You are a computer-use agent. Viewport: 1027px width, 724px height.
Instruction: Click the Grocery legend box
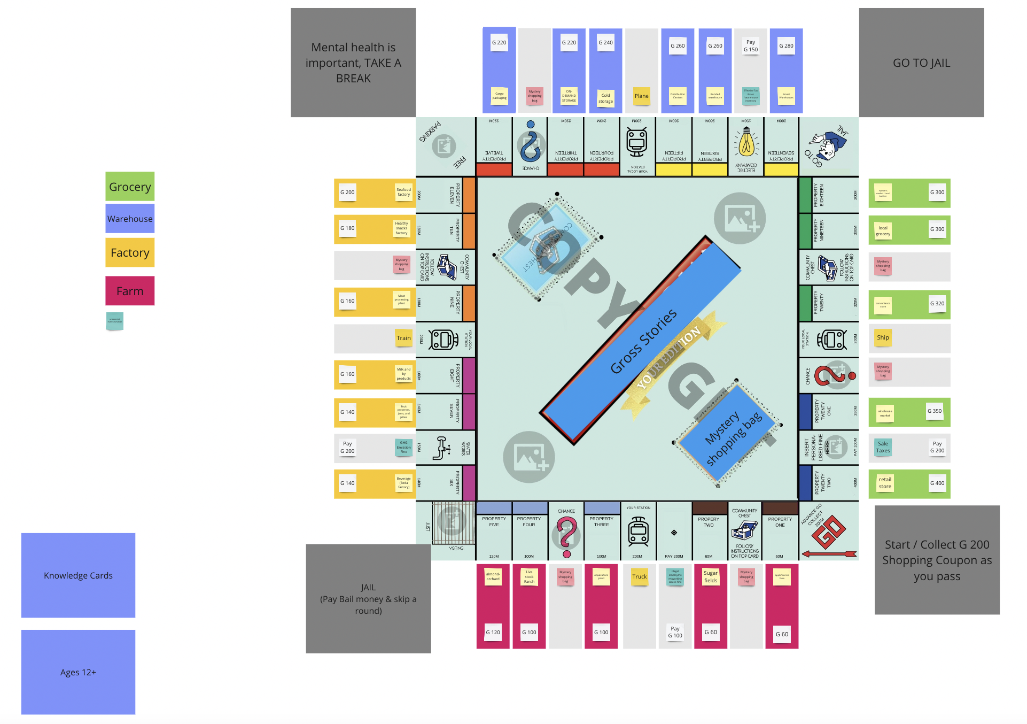coord(130,187)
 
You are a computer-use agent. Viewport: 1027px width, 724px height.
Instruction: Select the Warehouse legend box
coord(130,219)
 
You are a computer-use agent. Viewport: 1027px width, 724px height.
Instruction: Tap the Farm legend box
coord(130,291)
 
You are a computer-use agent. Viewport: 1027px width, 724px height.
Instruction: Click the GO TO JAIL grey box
coord(921,63)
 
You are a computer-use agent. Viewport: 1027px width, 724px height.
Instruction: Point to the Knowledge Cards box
coord(78,575)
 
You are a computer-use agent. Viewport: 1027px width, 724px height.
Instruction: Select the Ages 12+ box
coord(78,672)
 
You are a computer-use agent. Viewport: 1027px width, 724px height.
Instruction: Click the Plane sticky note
coord(641,96)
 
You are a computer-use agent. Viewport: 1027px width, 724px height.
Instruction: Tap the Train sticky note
coord(403,338)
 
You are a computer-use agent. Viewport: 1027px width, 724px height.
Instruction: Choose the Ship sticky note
coord(883,338)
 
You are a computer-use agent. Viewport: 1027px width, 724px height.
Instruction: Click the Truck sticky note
coord(639,577)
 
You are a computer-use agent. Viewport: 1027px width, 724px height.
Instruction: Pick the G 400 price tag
coord(937,483)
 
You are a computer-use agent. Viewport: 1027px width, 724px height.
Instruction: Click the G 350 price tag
coord(934,411)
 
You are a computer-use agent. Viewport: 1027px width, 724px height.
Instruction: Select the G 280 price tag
coord(786,46)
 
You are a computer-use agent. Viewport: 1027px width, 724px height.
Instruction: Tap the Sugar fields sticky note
coord(711,577)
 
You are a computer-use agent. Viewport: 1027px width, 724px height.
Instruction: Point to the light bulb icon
coord(746,143)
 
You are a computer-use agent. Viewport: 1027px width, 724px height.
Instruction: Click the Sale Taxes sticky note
coord(883,447)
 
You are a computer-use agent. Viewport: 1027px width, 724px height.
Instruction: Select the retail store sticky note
coord(885,483)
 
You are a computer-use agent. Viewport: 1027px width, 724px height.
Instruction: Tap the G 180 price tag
coord(347,228)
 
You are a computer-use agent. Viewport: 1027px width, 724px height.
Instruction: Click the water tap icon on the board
coord(441,448)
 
